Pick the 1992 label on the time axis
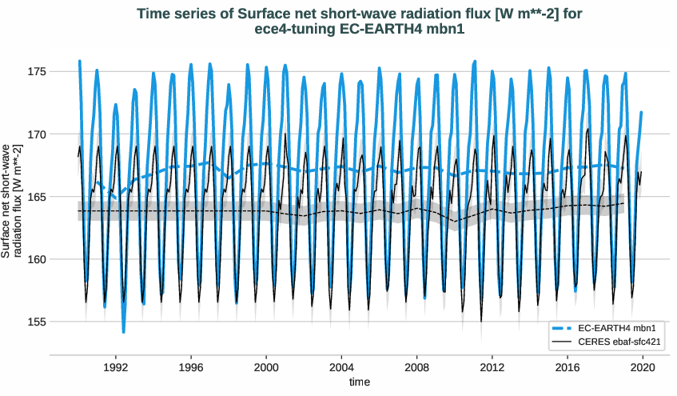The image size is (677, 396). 116,368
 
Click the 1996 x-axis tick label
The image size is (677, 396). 191,368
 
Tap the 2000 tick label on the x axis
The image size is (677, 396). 266,368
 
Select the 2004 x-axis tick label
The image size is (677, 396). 341,368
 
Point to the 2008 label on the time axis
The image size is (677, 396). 416,368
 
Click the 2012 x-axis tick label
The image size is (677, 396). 492,368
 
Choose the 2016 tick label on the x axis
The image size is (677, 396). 567,368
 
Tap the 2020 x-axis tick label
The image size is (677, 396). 643,368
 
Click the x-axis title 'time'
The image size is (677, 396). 360,383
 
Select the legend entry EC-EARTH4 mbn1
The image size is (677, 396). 611,328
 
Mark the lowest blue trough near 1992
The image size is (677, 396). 124,331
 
